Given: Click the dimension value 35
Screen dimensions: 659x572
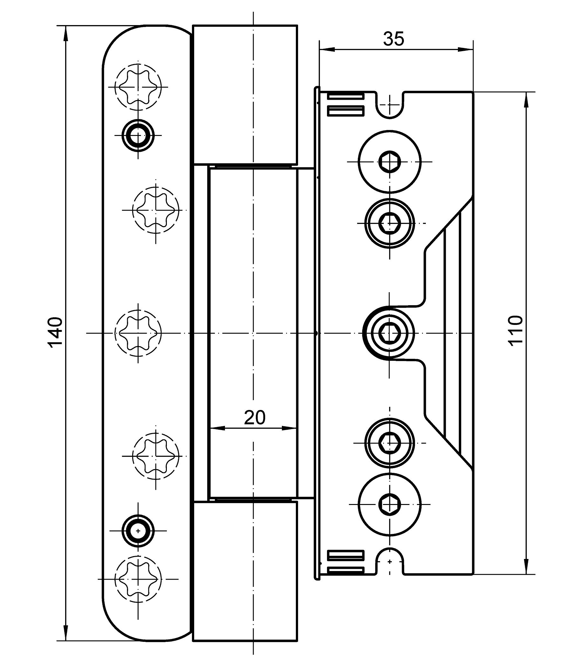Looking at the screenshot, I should pos(393,39).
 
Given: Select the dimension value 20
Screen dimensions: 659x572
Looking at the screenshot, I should pos(255,418).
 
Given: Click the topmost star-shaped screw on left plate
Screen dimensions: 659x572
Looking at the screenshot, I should pos(138,87).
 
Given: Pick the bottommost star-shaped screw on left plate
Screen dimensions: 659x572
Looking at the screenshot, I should pos(138,579).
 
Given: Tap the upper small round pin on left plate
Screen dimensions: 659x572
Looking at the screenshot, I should pos(138,135).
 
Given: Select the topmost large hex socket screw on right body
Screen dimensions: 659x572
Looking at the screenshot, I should pos(389,162).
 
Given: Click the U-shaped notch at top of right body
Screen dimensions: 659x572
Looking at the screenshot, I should pos(390,105).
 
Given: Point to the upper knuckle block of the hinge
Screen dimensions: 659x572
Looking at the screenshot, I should pos(245,95).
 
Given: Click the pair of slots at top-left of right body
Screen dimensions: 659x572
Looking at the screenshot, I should pos(346,104).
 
